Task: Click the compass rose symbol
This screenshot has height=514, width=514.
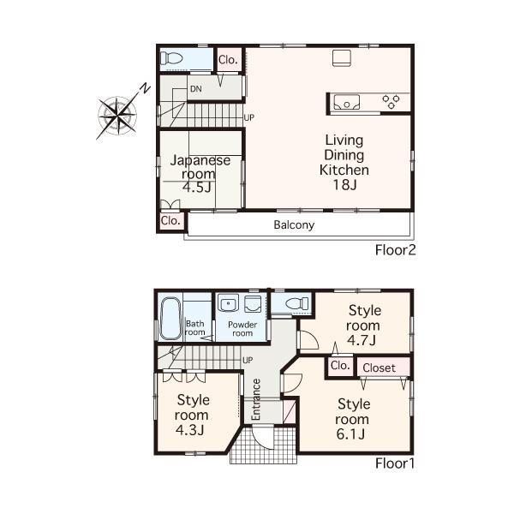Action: [119, 111]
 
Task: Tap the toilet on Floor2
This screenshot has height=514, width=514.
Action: [172, 59]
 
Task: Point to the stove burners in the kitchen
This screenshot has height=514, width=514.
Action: [391, 102]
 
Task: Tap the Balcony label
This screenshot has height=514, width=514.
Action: [294, 226]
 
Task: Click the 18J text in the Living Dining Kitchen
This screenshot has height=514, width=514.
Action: [342, 185]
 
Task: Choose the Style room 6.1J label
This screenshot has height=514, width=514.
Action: [353, 419]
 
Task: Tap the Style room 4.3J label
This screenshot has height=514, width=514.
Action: [193, 414]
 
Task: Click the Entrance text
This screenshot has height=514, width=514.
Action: [256, 399]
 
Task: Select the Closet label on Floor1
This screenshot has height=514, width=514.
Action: [379, 368]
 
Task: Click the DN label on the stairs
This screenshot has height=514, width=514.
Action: [196, 89]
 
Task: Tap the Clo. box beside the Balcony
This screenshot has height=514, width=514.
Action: [170, 220]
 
